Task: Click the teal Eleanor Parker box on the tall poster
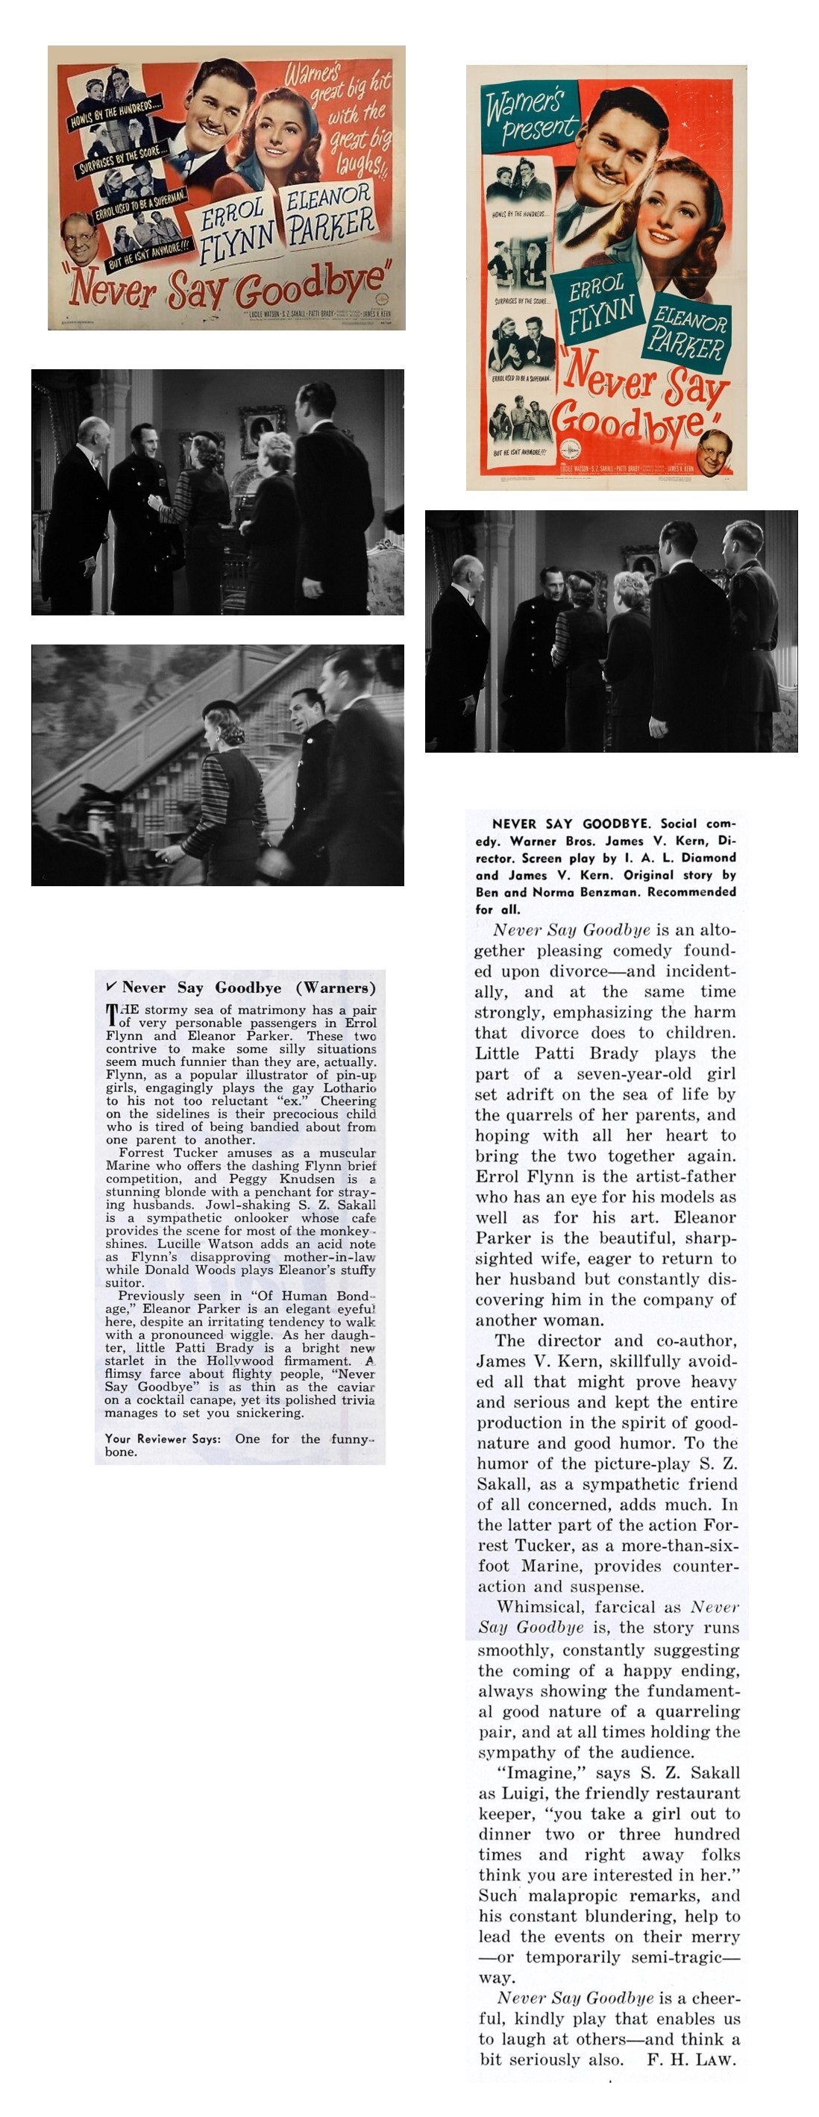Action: pyautogui.click(x=688, y=333)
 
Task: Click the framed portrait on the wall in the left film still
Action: pyautogui.click(x=261, y=429)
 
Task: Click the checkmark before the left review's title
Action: pyautogui.click(x=111, y=986)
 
